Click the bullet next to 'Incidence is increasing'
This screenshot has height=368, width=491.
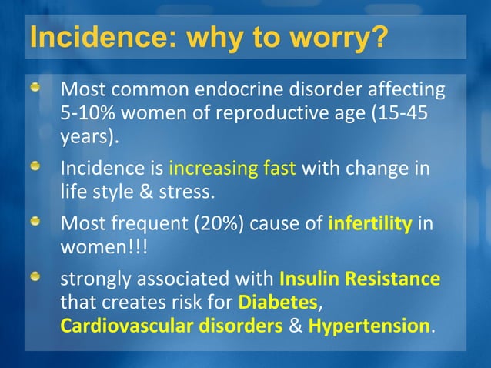point(35,167)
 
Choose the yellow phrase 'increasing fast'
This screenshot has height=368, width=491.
point(232,169)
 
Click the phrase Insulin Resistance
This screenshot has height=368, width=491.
point(359,279)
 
